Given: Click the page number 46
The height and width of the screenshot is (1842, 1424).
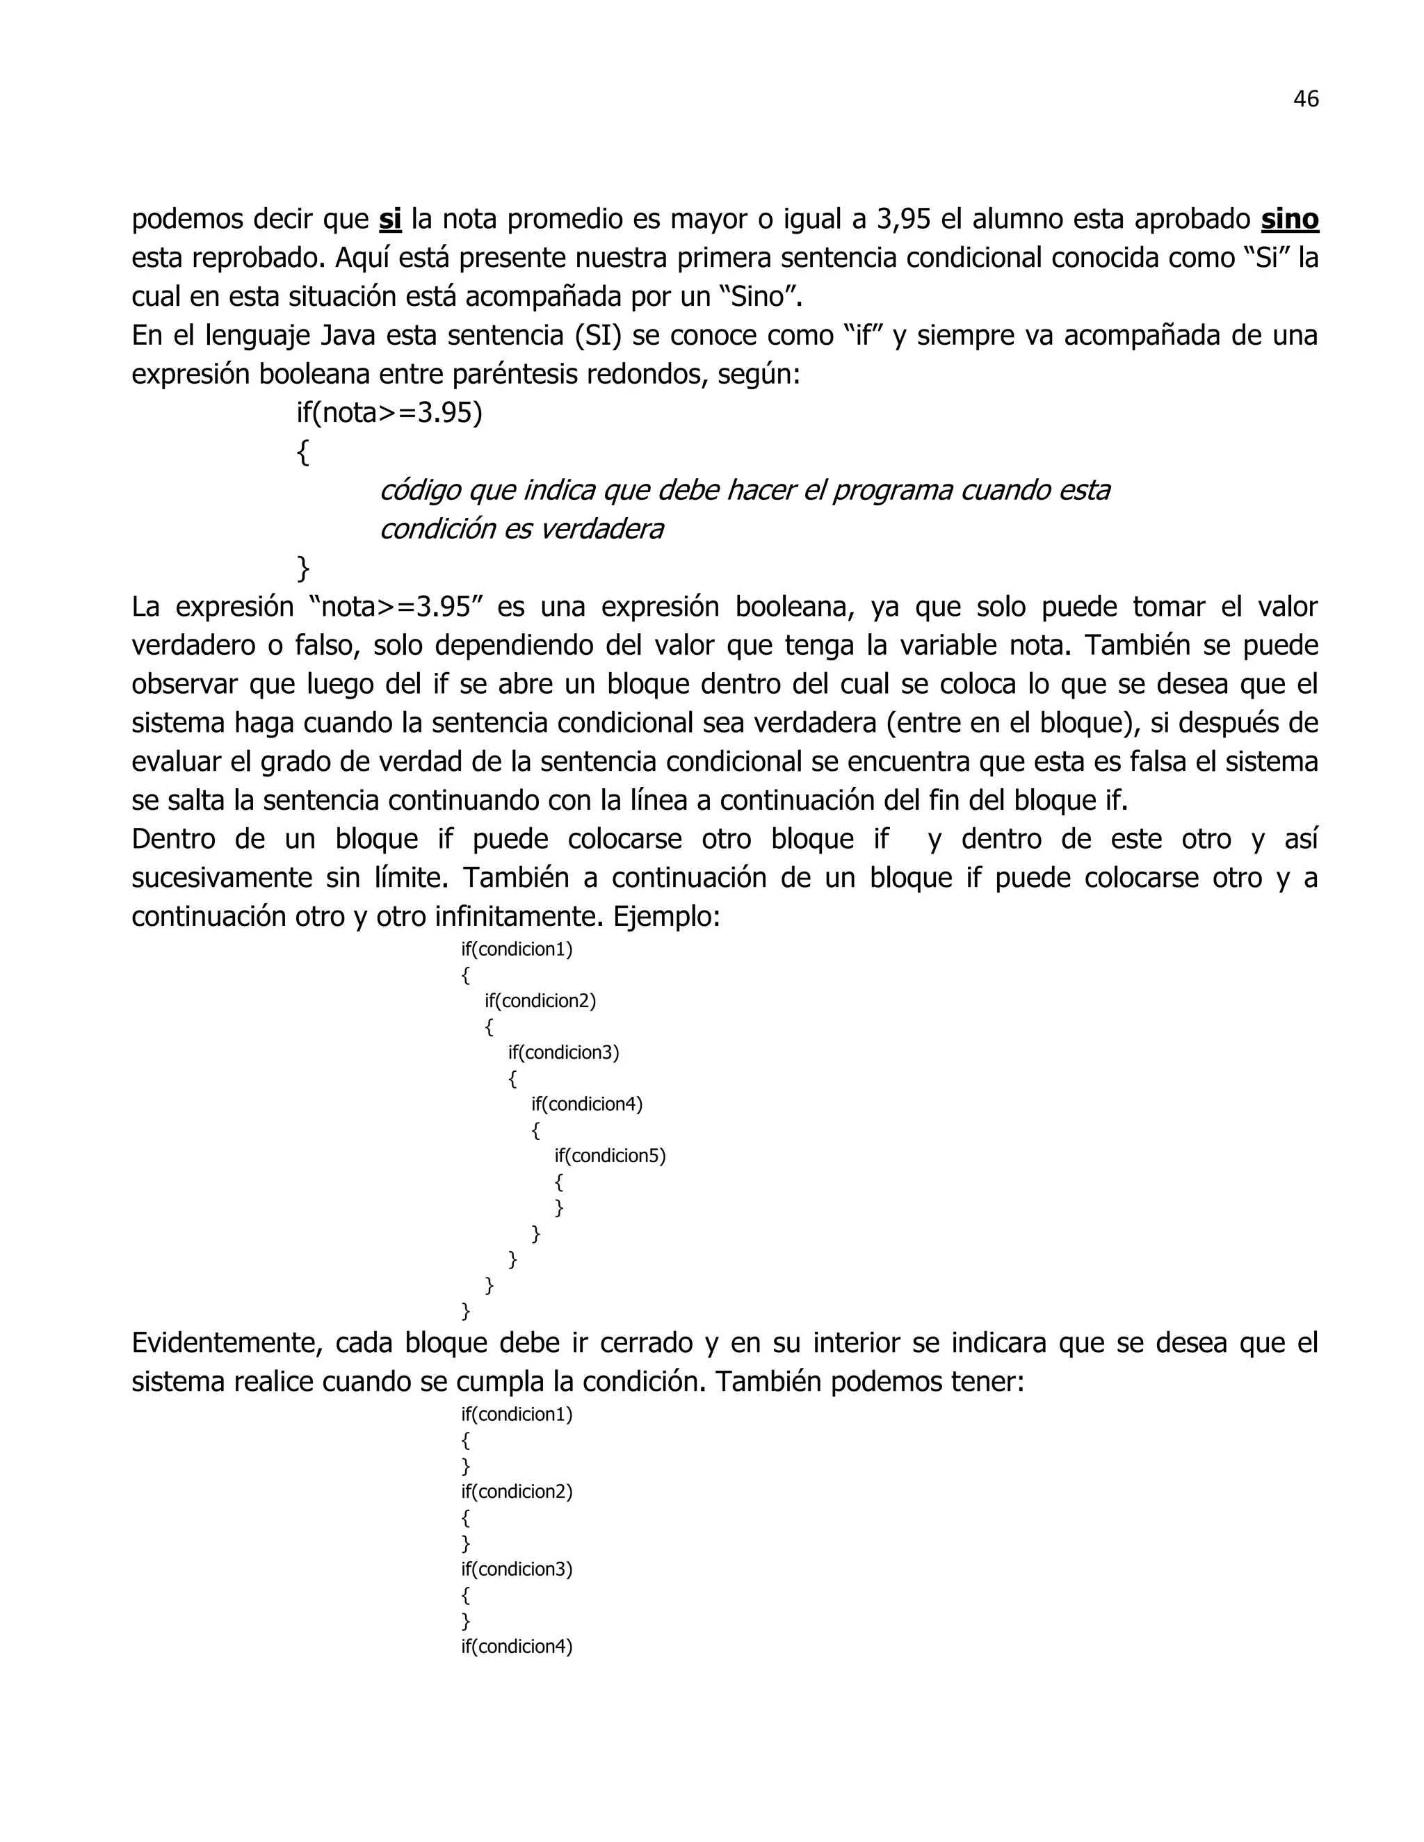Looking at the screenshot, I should [1305, 99].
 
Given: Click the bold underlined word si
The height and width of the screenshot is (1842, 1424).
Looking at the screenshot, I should [390, 219].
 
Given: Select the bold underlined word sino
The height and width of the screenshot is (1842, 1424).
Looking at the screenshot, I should [1289, 219].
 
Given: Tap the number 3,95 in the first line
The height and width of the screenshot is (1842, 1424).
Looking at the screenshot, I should [903, 219].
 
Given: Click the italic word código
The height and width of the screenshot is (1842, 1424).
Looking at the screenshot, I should [419, 490].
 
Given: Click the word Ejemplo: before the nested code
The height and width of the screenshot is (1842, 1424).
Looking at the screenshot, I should [666, 916].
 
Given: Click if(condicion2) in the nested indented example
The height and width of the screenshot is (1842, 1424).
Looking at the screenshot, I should [540, 1001].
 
